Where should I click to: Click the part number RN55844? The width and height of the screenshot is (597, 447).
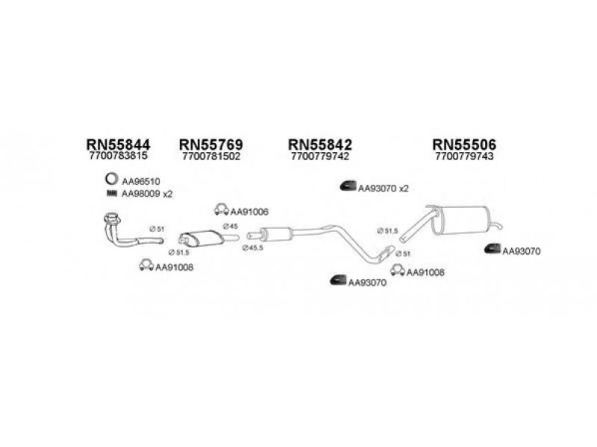tap(119, 145)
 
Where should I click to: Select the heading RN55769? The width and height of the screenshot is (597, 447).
tap(211, 145)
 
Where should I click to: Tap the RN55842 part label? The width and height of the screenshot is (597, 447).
tap(320, 145)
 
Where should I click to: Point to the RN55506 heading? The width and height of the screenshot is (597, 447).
tap(464, 145)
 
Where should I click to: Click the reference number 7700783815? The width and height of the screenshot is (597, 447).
tap(118, 156)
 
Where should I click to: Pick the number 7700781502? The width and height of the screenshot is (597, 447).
tap(211, 156)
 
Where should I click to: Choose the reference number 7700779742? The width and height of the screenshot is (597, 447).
tap(320, 156)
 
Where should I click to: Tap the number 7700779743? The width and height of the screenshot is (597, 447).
tap(464, 156)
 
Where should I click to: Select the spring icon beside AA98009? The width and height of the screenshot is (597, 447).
tap(111, 194)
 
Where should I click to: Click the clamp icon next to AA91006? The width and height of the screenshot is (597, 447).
tap(221, 209)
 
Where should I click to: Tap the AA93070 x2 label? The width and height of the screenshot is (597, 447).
tap(383, 188)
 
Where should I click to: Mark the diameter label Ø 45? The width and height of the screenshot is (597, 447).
tap(231, 226)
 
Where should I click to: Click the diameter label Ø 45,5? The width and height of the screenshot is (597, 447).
tap(253, 248)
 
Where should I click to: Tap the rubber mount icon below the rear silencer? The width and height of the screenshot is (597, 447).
tap(493, 249)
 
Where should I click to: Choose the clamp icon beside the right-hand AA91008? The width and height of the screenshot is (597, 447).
tap(398, 270)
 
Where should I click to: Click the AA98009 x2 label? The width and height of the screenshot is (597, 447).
tap(147, 194)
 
